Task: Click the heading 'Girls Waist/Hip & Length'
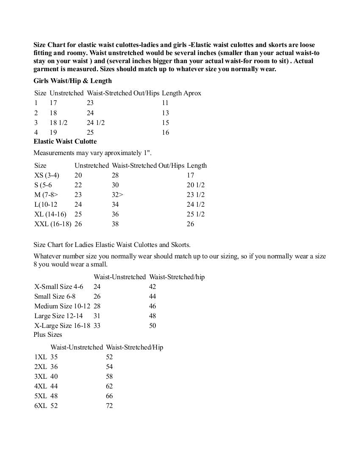72,80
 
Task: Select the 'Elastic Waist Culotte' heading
65,141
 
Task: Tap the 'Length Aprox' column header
181,93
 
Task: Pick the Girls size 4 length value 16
165,133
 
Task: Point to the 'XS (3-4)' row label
47,175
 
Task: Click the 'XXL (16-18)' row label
53,224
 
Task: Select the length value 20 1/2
196,185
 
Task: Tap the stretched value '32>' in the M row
117,195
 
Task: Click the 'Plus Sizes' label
48,335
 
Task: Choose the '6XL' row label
41,406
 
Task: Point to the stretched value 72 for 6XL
109,406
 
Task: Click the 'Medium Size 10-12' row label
62,306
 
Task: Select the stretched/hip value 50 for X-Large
152,326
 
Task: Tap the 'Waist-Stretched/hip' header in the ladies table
177,277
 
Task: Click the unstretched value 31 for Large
97,316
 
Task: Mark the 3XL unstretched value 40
54,377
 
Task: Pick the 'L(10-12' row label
46,205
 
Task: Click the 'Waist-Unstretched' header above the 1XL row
77,347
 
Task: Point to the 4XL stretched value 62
109,386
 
